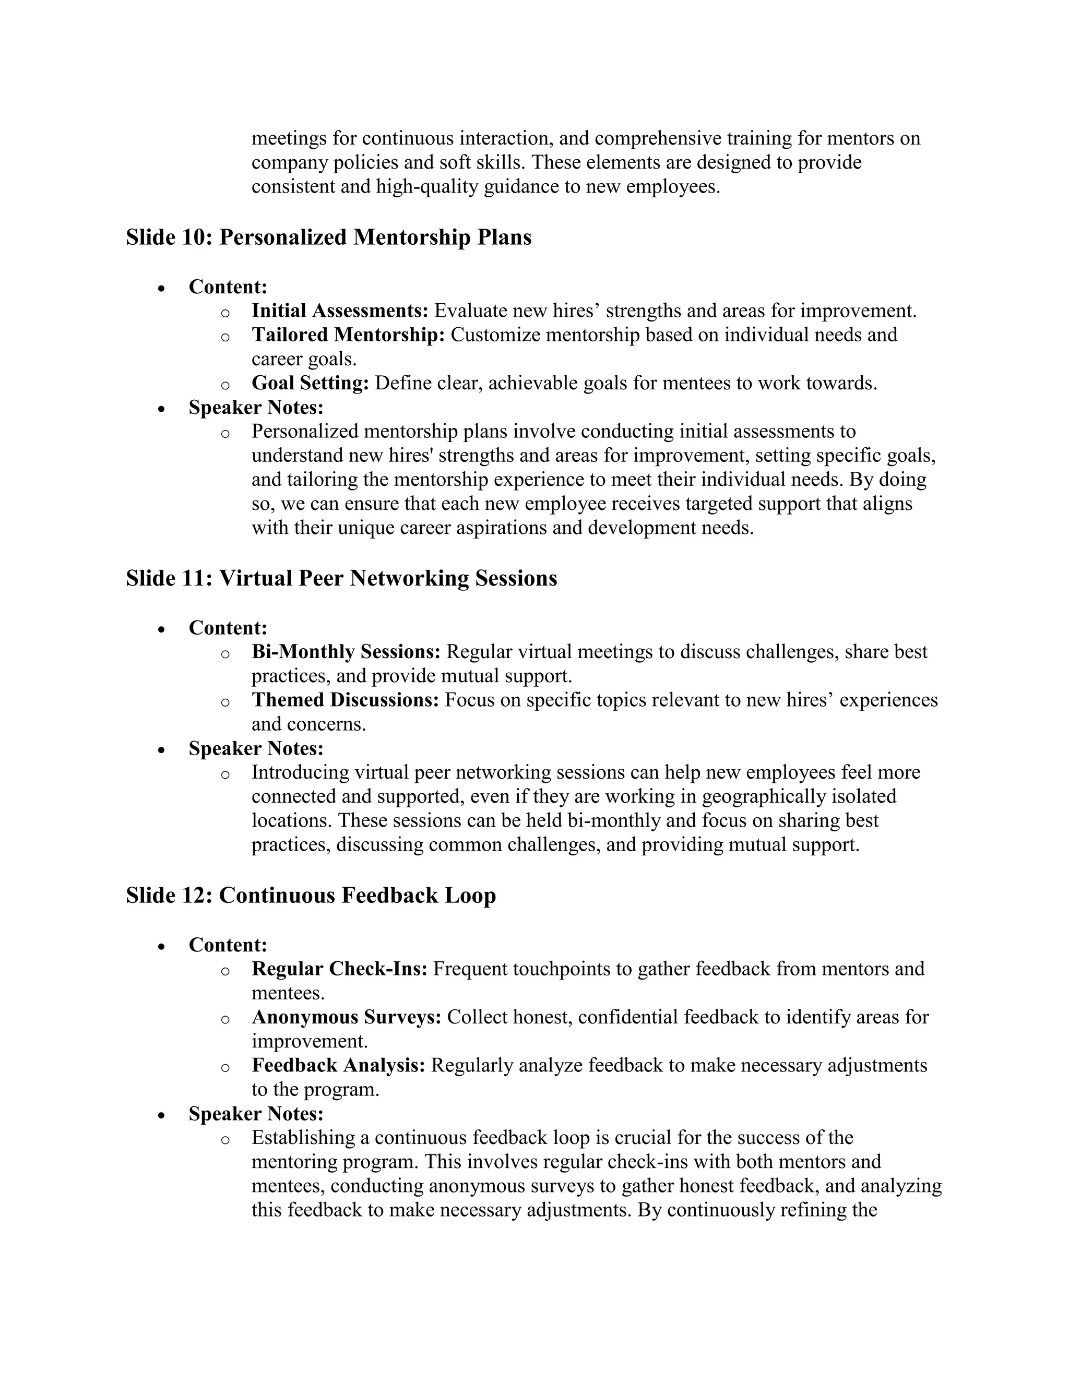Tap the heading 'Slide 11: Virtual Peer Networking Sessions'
pyautogui.click(x=341, y=579)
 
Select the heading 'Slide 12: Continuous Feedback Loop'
pyautogui.click(x=311, y=896)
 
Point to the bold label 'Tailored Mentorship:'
pyautogui.click(x=348, y=335)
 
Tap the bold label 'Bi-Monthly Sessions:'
pyautogui.click(x=346, y=652)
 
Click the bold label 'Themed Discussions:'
pyautogui.click(x=345, y=700)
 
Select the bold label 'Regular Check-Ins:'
pyautogui.click(x=339, y=969)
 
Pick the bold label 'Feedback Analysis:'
pyautogui.click(x=338, y=1066)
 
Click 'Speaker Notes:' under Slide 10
pyautogui.click(x=256, y=407)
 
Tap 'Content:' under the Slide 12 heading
pyautogui.click(x=228, y=945)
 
